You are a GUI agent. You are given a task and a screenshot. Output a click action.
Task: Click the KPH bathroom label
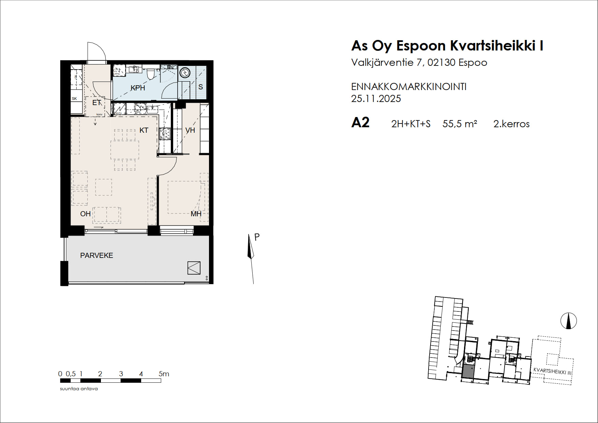coord(138,88)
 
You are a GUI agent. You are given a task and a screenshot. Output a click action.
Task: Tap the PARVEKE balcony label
coord(96,256)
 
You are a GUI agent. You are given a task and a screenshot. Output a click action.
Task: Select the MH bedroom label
coord(196,214)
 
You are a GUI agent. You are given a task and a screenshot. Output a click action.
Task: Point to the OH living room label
coord(85,214)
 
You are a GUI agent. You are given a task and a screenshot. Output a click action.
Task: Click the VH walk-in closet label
coord(190,130)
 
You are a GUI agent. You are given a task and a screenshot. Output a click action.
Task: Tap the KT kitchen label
coord(144,130)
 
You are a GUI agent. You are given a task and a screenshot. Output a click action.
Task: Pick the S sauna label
coord(200,87)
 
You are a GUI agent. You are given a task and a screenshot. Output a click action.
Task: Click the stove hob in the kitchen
coord(165,133)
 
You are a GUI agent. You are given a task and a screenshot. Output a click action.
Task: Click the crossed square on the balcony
coord(194,268)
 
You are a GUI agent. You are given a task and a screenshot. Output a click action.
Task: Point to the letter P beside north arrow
coord(257,237)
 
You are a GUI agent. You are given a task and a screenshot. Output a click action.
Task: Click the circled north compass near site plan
coord(568,321)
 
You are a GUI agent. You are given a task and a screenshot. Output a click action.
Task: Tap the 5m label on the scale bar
coord(164,374)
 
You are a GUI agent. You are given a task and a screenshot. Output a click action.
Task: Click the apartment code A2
coord(360,123)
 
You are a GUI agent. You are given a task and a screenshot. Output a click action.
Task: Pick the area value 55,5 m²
coord(460,124)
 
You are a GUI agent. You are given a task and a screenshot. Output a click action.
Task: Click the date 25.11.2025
coord(376,99)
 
